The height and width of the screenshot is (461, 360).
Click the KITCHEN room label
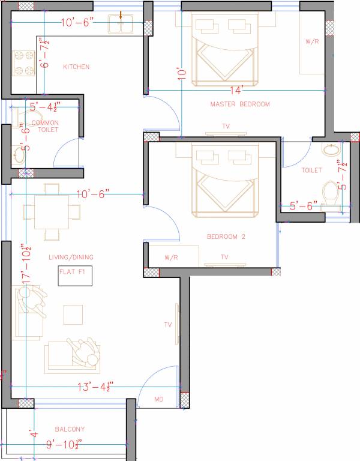(x=76, y=67)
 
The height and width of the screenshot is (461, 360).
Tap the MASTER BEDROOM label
(x=240, y=104)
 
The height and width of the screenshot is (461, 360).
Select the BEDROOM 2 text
(x=226, y=237)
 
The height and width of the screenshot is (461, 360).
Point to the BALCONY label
(x=70, y=429)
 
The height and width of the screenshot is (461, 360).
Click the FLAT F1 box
(x=75, y=276)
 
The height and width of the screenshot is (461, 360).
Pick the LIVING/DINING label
(x=71, y=258)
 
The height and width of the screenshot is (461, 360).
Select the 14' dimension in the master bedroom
(x=236, y=90)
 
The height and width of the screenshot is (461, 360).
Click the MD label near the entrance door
(x=159, y=399)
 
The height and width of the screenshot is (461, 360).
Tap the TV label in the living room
(x=169, y=325)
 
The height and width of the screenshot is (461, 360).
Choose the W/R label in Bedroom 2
(x=171, y=257)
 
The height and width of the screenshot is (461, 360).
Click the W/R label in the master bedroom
(x=311, y=42)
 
